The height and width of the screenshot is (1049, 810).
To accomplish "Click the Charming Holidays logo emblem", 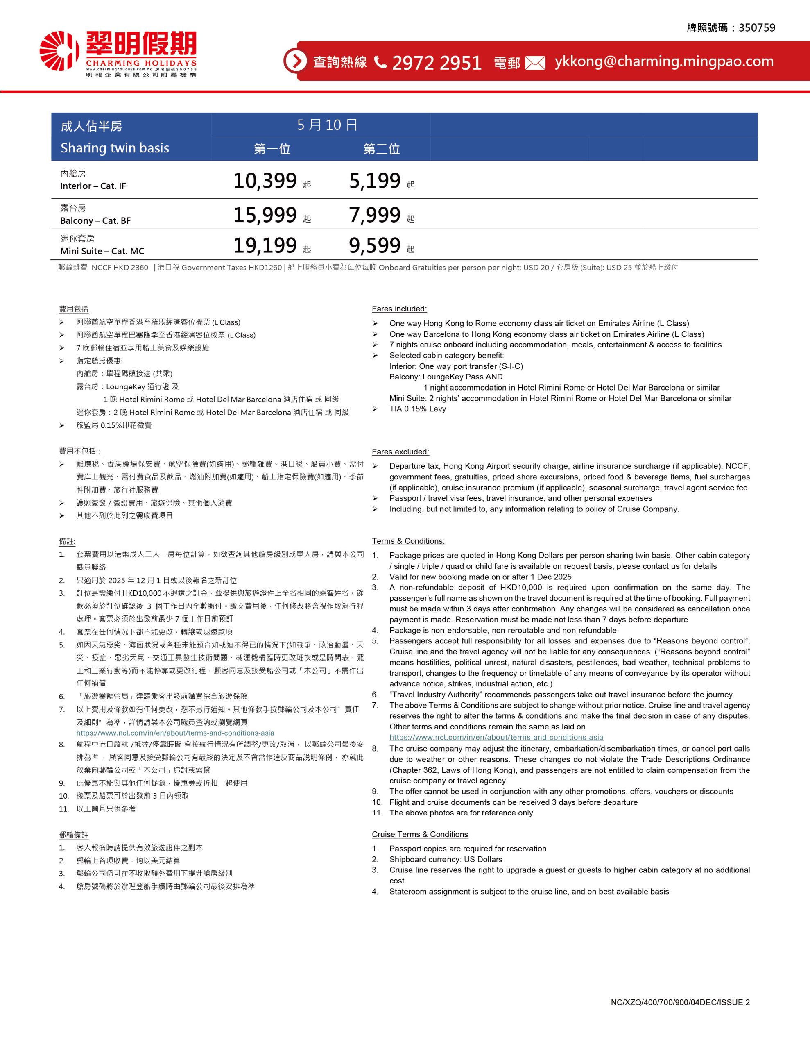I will (x=59, y=51).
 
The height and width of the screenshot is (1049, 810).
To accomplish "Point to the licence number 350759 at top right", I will (x=757, y=28).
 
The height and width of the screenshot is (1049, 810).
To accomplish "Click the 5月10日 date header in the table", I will (x=327, y=125).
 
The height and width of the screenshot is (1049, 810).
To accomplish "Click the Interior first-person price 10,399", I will (x=265, y=181).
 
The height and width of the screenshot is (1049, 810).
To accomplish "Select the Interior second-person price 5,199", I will (x=375, y=181).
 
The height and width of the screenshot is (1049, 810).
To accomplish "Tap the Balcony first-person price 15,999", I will (x=265, y=215).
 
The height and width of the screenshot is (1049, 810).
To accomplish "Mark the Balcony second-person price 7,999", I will (x=375, y=215).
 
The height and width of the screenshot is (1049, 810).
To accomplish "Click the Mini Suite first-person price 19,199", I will (x=265, y=246).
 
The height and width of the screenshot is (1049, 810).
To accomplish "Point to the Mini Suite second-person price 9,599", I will (x=375, y=246).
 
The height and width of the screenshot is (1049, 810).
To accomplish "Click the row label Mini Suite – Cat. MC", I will (x=102, y=251).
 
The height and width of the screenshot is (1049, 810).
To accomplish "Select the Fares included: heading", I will (x=399, y=309).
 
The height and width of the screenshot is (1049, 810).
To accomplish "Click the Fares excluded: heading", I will (x=400, y=452).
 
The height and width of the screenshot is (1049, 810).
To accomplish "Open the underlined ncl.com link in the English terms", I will (x=496, y=737).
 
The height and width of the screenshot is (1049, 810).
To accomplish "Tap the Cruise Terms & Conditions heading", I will (x=420, y=834).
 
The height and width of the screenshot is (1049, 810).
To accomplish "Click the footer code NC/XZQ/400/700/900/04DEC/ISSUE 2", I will (x=680, y=1002).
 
